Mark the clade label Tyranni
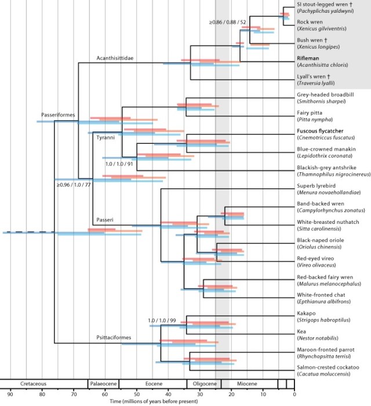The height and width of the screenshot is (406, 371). (106, 137)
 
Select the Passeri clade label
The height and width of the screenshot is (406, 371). (104, 219)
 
